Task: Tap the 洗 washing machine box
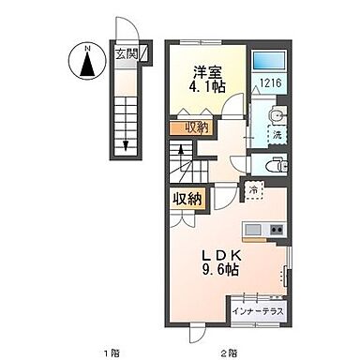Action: tap(276, 135)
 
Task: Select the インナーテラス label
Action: tap(257, 310)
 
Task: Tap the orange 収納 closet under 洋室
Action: tap(196, 127)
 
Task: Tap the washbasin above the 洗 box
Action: tap(275, 114)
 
